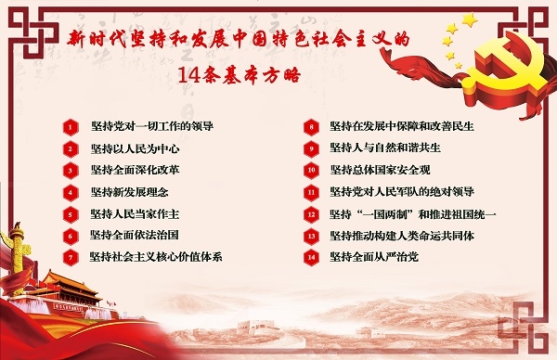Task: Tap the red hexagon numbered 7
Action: (69, 256)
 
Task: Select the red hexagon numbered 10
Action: (311, 170)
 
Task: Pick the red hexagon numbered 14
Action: (311, 256)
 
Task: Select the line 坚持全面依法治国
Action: (135, 235)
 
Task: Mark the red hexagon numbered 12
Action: (311, 213)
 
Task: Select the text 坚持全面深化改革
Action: (135, 170)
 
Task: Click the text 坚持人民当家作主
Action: (135, 213)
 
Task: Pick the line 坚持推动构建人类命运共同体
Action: (402, 235)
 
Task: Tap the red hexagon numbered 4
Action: (69, 192)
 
